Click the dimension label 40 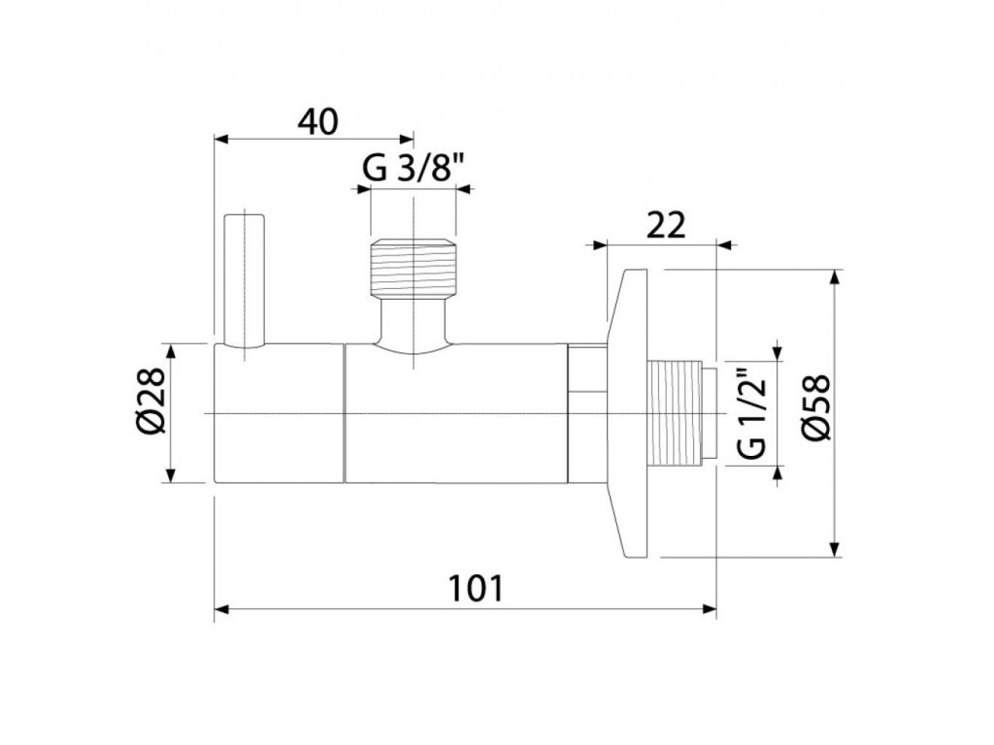[x=318, y=122]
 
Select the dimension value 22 [x=666, y=225]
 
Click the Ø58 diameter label [x=815, y=407]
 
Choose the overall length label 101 [x=476, y=588]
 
